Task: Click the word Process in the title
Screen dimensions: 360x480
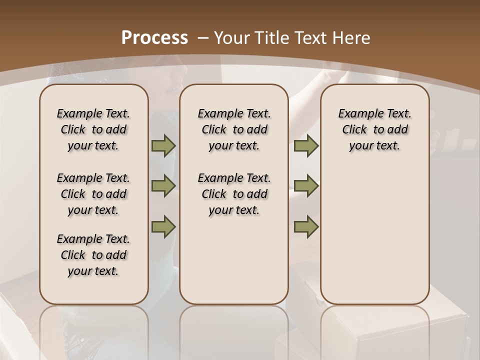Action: [154, 37]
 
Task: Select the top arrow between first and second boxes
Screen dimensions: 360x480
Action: [163, 146]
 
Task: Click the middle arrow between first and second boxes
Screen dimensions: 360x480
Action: [163, 186]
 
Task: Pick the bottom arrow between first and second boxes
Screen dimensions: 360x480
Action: [163, 227]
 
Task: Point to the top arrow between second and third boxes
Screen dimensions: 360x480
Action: [306, 146]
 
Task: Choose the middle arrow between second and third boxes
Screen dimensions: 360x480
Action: [306, 186]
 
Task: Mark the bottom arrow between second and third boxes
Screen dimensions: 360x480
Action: [306, 227]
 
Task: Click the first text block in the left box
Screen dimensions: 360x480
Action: [93, 129]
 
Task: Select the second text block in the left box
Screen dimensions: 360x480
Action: [93, 194]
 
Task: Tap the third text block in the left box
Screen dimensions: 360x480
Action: [93, 255]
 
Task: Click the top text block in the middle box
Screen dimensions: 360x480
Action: [234, 129]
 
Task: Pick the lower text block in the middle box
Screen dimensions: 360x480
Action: [234, 194]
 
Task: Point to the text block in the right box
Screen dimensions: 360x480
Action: [375, 129]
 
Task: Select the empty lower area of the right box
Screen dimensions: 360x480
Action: [375, 235]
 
